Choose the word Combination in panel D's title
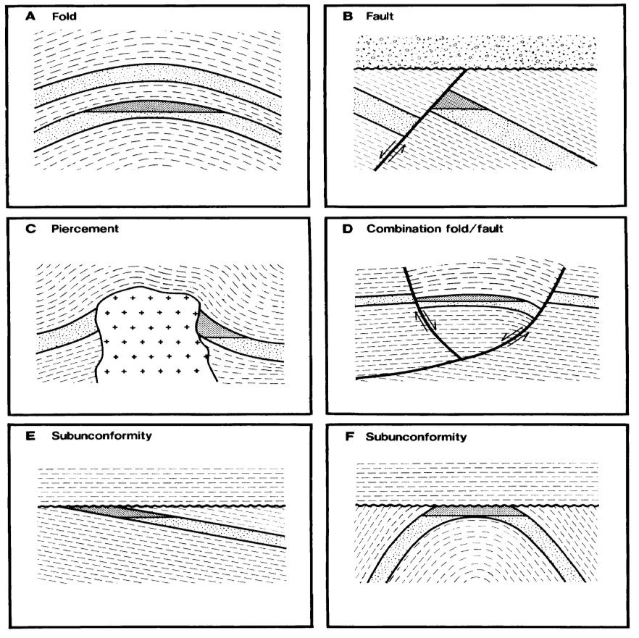point(401,230)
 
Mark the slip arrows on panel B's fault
point(390,151)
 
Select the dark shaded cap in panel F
point(474,511)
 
